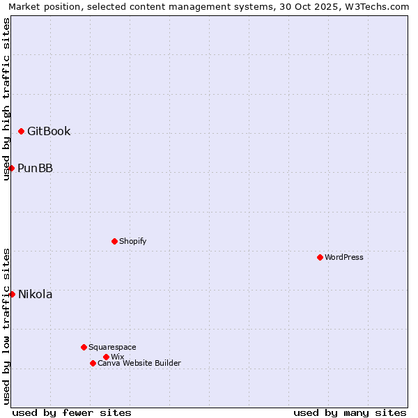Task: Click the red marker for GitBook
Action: (x=21, y=131)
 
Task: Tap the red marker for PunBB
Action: (x=11, y=168)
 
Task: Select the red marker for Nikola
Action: (x=12, y=294)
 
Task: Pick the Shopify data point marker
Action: (x=114, y=241)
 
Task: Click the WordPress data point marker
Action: (x=320, y=257)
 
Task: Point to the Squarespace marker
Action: (x=84, y=347)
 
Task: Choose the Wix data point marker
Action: (x=106, y=357)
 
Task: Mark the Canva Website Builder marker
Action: (x=93, y=363)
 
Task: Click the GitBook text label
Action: (x=49, y=131)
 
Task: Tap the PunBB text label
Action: (x=35, y=168)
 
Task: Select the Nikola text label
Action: (x=35, y=294)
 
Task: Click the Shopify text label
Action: (x=132, y=241)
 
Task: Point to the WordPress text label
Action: (x=344, y=257)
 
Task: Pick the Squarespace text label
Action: (x=112, y=347)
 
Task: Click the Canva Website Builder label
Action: (x=139, y=363)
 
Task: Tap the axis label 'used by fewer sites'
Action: (x=72, y=412)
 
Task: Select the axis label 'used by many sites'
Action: (x=350, y=412)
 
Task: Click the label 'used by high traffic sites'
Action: (x=7, y=99)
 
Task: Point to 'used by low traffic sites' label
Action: (x=7, y=326)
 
